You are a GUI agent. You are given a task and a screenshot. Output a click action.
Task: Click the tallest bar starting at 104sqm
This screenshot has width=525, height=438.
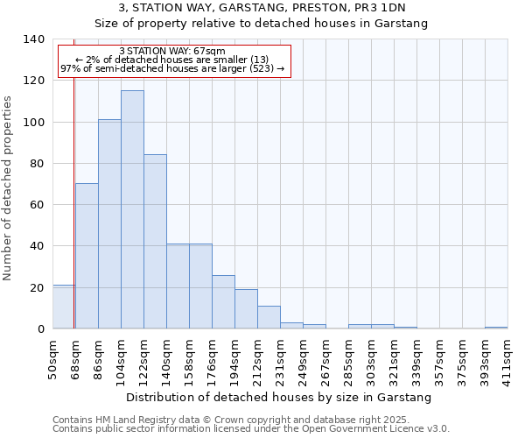(132, 210)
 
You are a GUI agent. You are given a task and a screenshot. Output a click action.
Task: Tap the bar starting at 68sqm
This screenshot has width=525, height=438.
(87, 256)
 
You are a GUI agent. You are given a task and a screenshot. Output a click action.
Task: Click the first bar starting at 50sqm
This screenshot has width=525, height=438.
(63, 307)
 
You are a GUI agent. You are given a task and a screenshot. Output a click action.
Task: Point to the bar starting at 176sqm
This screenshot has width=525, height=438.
(223, 302)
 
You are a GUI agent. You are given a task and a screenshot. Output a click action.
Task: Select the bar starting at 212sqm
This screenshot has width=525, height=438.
(269, 317)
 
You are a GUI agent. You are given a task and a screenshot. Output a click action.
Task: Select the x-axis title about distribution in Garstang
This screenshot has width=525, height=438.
(279, 398)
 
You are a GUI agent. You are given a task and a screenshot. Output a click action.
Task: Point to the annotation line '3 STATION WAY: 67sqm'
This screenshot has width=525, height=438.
(172, 51)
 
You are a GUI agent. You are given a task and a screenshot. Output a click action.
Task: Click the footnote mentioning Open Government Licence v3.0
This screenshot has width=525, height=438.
(251, 429)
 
